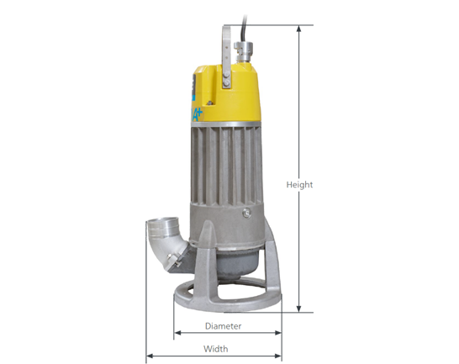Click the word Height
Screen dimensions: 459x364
(x=299, y=185)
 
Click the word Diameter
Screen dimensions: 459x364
(x=223, y=326)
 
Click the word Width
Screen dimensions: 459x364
(x=216, y=349)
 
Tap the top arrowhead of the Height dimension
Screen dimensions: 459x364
(x=298, y=28)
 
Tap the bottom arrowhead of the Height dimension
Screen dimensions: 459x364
(x=298, y=309)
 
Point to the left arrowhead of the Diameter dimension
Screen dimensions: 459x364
(x=177, y=333)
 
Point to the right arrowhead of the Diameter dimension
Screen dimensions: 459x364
(x=278, y=333)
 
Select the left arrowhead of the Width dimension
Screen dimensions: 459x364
(x=150, y=356)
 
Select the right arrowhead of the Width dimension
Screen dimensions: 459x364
(x=278, y=356)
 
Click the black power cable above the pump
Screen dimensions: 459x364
(x=244, y=28)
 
